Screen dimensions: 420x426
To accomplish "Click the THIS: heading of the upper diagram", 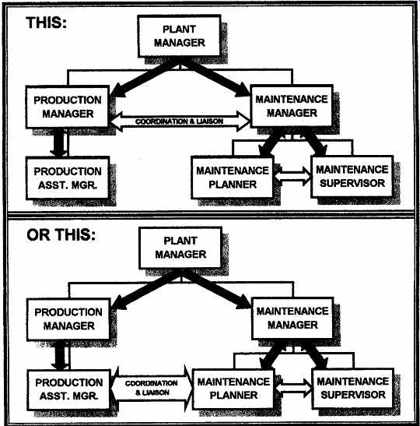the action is point(46,23).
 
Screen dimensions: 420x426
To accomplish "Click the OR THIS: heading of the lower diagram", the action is point(61,234).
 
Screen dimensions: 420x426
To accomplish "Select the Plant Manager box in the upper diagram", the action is point(179,36).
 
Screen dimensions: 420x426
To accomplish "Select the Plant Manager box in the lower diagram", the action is point(180,248).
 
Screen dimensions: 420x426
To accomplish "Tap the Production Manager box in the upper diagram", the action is point(68,107).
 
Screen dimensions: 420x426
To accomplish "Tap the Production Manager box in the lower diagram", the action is point(68,319).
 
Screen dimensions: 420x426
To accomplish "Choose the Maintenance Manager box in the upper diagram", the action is point(292,106).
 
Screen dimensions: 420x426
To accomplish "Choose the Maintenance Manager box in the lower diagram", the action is point(292,319).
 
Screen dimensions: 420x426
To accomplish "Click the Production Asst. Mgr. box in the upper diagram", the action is point(68,178).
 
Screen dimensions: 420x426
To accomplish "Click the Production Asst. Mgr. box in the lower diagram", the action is point(69,389).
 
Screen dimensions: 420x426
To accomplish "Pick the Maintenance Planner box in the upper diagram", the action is point(233,178).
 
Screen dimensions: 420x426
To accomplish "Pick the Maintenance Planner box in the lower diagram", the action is point(233,389).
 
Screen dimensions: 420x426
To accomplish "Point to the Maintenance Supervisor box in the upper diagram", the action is point(352,176).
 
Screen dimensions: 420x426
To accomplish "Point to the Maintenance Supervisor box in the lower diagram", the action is point(353,388).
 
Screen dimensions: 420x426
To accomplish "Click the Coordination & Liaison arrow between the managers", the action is point(180,121).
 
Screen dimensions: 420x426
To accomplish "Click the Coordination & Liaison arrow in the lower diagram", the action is point(152,388).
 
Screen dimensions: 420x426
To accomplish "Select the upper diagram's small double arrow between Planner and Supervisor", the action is point(292,177).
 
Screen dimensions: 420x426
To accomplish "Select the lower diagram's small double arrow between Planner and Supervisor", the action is point(293,389).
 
